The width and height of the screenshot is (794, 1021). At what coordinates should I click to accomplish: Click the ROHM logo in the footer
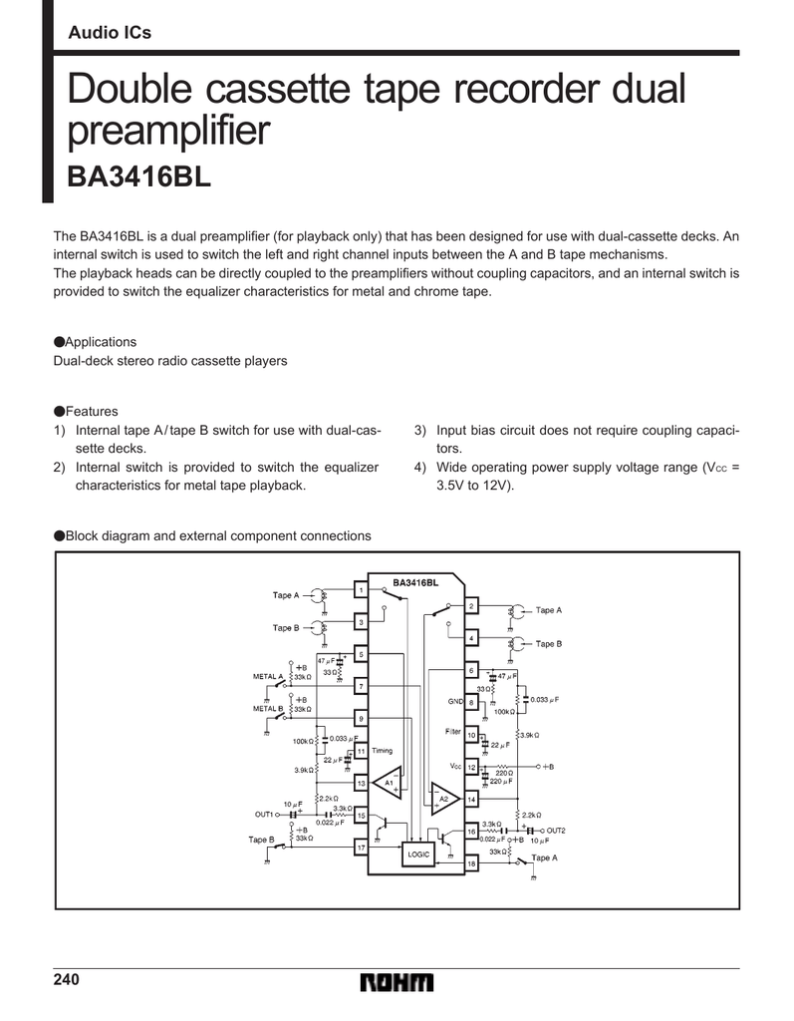coord(398,983)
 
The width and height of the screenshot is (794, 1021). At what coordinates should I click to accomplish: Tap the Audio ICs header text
coord(110,33)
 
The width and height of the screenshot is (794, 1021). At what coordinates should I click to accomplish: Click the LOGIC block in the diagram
coord(418,853)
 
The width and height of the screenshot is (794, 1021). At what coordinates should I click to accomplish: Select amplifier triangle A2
coord(442,799)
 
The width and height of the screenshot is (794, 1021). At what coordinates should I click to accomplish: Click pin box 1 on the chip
coord(361,590)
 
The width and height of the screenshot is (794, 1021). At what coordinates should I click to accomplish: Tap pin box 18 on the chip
coord(472,863)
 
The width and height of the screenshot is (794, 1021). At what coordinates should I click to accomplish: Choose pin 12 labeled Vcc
coord(472,767)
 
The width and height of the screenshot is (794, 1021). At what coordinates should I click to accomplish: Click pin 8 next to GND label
coord(472,702)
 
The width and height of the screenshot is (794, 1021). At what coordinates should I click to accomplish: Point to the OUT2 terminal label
coord(555,830)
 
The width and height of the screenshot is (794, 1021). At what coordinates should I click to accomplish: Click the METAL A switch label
coord(268,676)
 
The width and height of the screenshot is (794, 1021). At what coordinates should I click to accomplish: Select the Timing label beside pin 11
coord(383,750)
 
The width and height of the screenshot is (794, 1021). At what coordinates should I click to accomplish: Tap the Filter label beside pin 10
coord(453,732)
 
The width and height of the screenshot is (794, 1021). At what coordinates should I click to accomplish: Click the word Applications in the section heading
coord(101,341)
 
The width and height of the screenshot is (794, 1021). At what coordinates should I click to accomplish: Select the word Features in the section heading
coord(92,411)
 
